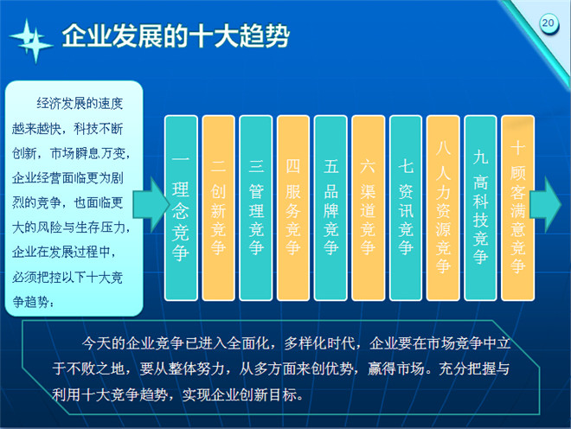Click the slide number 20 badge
coord(548,23)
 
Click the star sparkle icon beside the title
coord(31,41)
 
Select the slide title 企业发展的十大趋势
coord(176,35)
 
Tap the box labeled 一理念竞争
coord(181,208)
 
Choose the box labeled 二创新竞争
coord(218,208)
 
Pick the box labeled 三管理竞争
coord(255,208)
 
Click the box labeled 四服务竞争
coord(293,208)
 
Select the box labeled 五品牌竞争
coord(330,208)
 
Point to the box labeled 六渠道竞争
coord(369,208)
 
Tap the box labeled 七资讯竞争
coord(406,208)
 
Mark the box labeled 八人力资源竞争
coord(443,208)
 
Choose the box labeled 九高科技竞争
coord(481,208)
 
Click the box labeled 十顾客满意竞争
coord(518,208)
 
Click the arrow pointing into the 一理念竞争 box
coord(151,205)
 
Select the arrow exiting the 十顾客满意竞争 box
coord(546,205)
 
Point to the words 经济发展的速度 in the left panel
coord(80,104)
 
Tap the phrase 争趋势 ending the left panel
coord(31,302)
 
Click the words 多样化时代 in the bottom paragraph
coord(320,343)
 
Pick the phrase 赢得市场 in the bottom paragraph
coord(396,369)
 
